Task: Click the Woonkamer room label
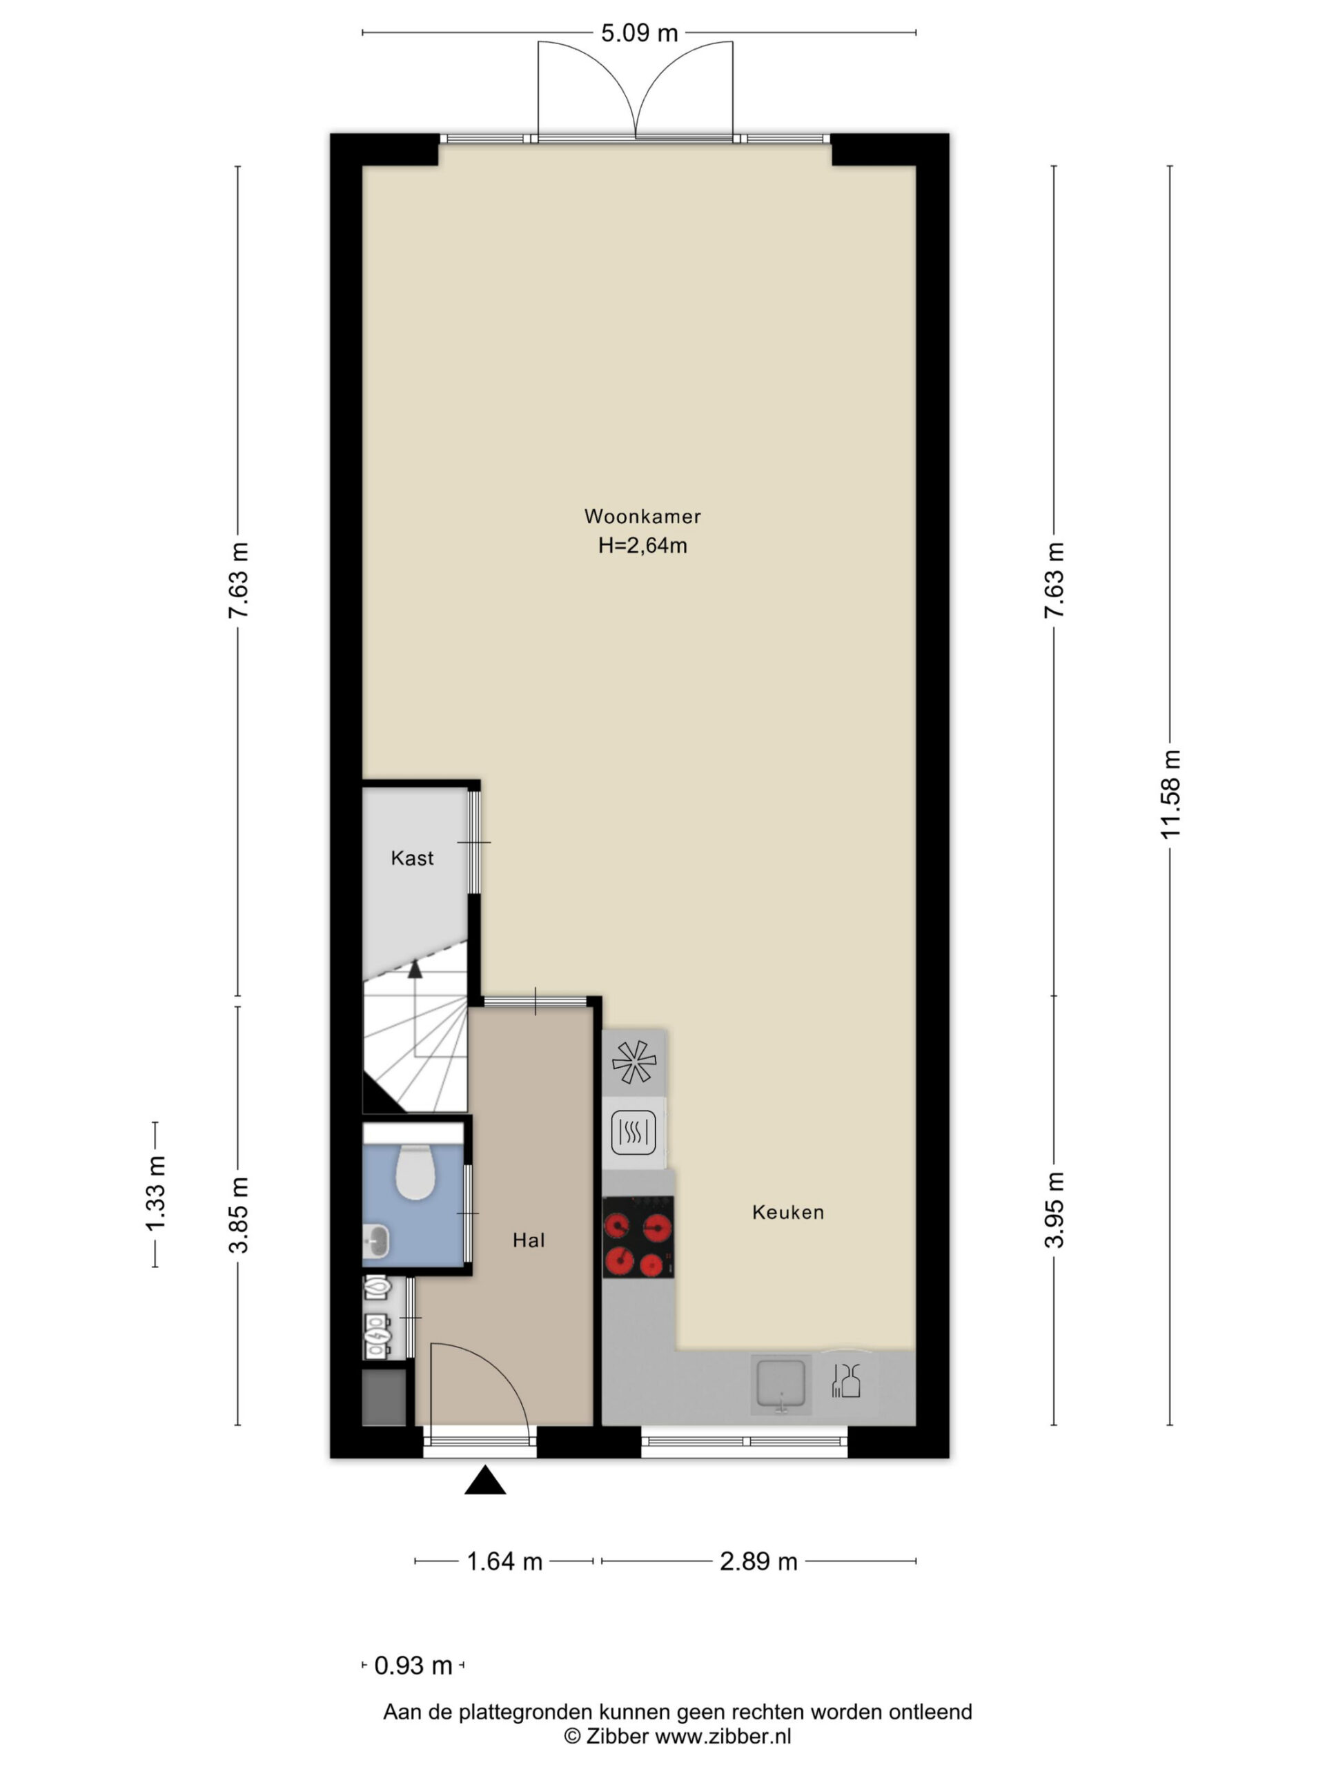tap(642, 516)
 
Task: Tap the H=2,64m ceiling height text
tap(642, 545)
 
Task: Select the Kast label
tap(412, 858)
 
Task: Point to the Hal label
tap(529, 1240)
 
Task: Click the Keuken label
tap(787, 1212)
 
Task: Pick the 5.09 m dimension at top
tap(639, 32)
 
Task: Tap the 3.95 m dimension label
tap(1054, 1209)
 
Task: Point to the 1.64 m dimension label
tap(504, 1561)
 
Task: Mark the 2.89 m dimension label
tap(758, 1561)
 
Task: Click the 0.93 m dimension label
tap(413, 1666)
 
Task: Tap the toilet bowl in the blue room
tap(415, 1172)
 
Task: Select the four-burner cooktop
tap(638, 1237)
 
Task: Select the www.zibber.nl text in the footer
tap(723, 1735)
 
